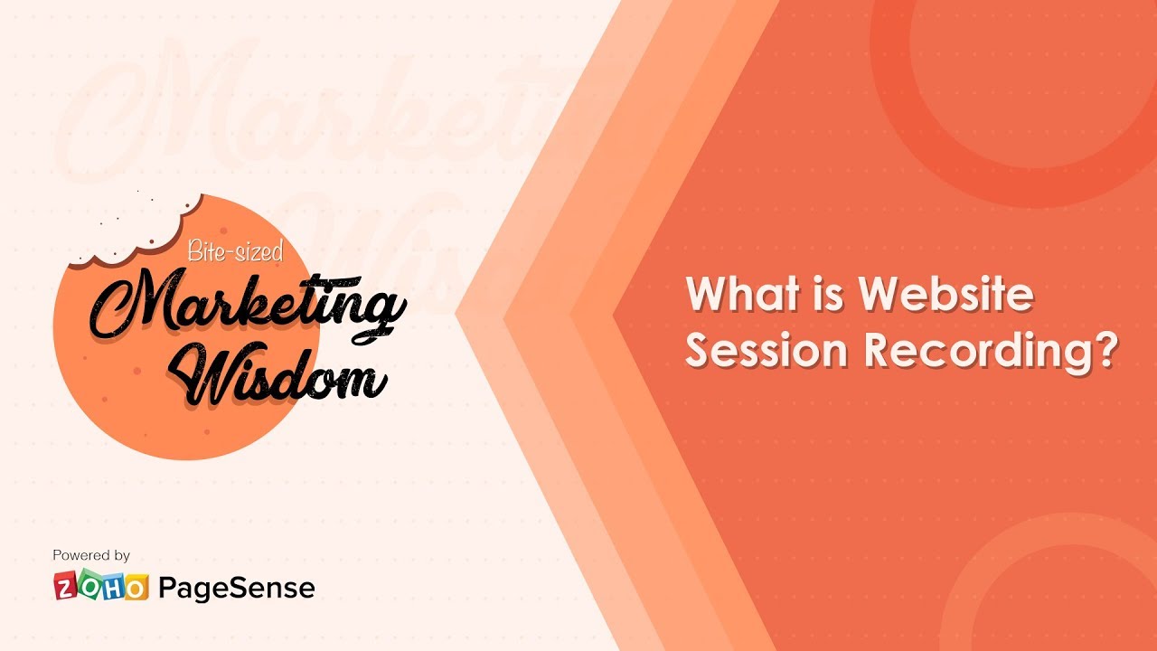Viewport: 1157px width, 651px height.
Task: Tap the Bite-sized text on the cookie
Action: (234, 251)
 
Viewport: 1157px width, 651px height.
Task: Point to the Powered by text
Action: (91, 555)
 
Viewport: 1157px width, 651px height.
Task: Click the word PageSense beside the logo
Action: (237, 588)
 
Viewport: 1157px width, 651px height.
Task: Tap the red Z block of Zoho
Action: (66, 587)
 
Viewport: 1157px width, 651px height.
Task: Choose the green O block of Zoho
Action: (89, 587)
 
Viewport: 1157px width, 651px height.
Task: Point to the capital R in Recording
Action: (879, 350)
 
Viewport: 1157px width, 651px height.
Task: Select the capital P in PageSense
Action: (167, 588)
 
